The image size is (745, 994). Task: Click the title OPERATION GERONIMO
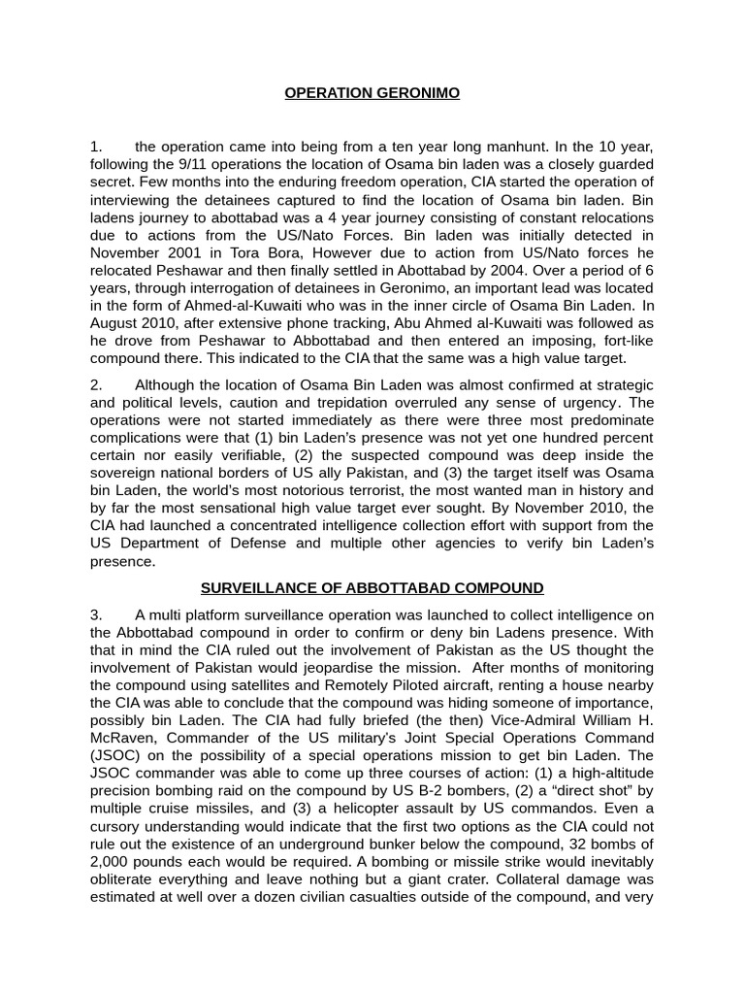click(372, 94)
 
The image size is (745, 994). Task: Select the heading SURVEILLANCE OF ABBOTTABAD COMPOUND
click(372, 588)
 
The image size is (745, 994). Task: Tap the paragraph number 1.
click(96, 147)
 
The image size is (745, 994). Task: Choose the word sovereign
click(121, 474)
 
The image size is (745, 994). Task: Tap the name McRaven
click(121, 738)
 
